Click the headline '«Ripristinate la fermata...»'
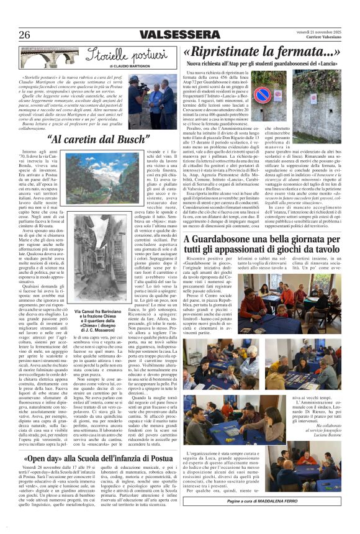pyautogui.click(x=261, y=51)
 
